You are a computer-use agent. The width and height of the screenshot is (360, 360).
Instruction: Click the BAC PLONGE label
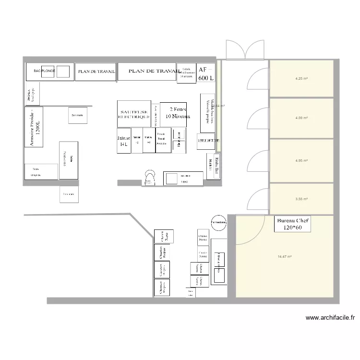[x=44, y=71]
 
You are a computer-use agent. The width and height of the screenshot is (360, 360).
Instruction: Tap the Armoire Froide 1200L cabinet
[x=34, y=127]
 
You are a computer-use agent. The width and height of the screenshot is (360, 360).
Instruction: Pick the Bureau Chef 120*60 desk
[x=292, y=224]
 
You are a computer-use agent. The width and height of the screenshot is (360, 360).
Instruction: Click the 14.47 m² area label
[x=285, y=257]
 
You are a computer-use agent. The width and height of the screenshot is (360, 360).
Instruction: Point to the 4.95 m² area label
[x=301, y=160]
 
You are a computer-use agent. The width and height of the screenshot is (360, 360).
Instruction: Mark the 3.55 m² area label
[x=301, y=199]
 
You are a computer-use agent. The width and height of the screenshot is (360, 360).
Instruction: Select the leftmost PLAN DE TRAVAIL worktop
[x=96, y=72]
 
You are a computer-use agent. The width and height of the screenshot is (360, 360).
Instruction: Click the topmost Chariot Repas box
[x=164, y=237]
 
